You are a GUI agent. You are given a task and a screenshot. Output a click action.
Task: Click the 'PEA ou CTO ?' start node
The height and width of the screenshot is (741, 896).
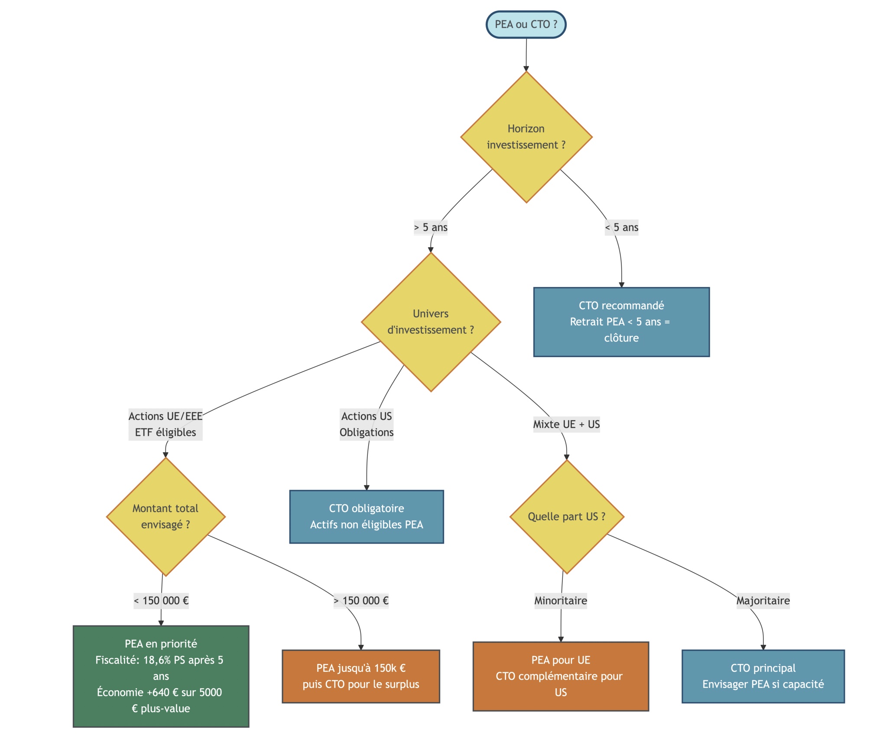coord(526,25)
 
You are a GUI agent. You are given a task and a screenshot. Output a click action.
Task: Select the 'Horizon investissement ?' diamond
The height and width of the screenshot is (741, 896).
coord(526,137)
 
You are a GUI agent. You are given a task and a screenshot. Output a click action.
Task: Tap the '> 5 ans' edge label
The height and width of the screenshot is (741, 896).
coord(431,227)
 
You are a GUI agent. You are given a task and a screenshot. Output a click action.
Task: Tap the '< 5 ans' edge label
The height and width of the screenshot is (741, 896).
coord(621,227)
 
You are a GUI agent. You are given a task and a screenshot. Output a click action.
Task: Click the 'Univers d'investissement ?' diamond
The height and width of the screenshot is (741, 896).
coord(431,322)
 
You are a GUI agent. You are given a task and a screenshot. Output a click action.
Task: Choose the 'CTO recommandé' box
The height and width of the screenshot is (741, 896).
coord(621,322)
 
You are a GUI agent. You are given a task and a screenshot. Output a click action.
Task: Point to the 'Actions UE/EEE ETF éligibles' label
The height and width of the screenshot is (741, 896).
coord(166,424)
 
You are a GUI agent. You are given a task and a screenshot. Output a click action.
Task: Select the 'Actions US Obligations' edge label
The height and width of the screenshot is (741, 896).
coord(367,424)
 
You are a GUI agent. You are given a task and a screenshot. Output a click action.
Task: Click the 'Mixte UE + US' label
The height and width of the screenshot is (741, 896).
coord(566,424)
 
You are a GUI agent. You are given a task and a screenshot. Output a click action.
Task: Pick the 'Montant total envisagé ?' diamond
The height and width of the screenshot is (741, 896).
coord(166,516)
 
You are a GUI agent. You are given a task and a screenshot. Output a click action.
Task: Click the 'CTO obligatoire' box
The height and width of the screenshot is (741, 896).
coord(367,516)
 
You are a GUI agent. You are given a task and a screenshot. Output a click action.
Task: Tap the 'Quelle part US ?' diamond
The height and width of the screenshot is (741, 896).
coord(566,516)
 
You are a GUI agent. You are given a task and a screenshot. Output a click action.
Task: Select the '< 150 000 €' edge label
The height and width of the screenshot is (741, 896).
coord(161,600)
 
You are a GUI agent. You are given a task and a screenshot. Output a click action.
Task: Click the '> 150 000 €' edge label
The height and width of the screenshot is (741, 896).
coord(361,600)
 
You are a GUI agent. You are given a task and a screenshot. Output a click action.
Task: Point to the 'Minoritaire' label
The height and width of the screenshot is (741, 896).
coord(561,600)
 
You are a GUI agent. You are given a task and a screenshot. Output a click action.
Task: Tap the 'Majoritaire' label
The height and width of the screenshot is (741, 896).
coord(763,600)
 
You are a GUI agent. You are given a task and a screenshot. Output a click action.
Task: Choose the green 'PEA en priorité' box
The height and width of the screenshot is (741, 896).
coord(161,676)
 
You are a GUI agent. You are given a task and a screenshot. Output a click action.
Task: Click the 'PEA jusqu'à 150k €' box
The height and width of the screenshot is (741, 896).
coord(361,676)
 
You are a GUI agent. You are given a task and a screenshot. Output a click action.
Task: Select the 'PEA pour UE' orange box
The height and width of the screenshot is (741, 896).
coord(561,676)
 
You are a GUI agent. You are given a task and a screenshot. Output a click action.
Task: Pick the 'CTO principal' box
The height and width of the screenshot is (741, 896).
coord(763,676)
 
